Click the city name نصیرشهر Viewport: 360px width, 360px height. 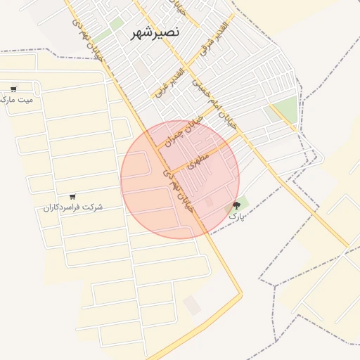155,33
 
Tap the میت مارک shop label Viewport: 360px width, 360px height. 18,100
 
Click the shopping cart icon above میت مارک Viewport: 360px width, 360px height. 13,89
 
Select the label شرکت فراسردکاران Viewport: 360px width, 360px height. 73,207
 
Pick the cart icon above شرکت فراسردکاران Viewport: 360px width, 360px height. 72,197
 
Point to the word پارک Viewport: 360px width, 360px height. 236,216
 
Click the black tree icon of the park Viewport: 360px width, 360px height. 236,205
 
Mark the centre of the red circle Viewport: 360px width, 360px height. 180,180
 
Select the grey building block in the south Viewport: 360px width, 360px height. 191,305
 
